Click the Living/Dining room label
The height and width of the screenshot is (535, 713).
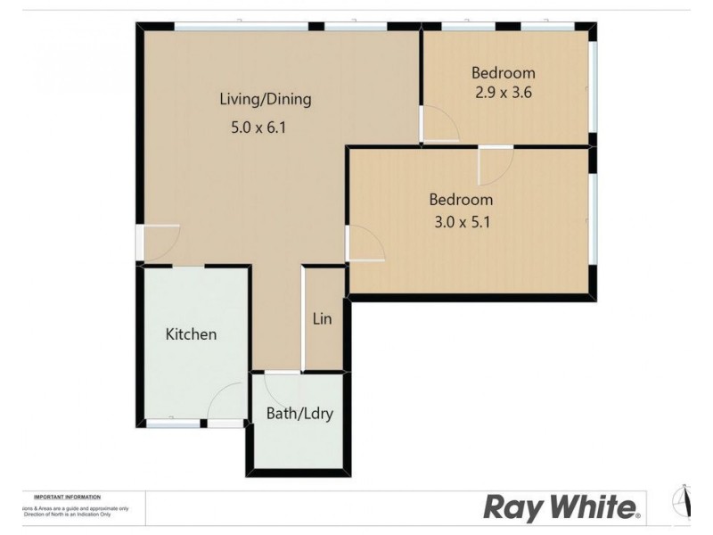click(x=266, y=99)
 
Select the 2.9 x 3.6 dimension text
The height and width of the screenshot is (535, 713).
click(x=503, y=91)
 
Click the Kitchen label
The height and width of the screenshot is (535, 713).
click(x=191, y=334)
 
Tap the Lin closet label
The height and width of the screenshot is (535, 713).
click(x=323, y=317)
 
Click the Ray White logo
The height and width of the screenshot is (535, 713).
click(x=561, y=507)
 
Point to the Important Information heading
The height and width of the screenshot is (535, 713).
click(x=67, y=497)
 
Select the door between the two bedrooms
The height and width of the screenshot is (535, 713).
click(x=495, y=163)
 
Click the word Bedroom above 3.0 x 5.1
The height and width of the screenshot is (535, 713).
click(x=461, y=199)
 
